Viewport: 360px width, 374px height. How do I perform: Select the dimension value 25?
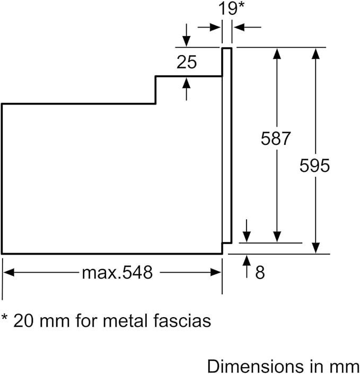coord(186,63)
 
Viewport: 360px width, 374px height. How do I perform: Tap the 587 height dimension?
coord(276,139)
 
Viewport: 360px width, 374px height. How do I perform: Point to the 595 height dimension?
coord(315,166)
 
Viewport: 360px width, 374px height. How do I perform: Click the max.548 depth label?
coord(117,273)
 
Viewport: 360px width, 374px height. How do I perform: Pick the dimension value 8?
coord(259,273)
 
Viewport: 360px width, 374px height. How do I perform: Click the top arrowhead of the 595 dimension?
coord(315,52)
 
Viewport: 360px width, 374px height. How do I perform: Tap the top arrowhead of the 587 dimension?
coord(277,52)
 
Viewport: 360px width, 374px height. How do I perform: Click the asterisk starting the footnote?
coord(5,318)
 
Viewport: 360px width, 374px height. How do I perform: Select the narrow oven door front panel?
coord(226,143)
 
